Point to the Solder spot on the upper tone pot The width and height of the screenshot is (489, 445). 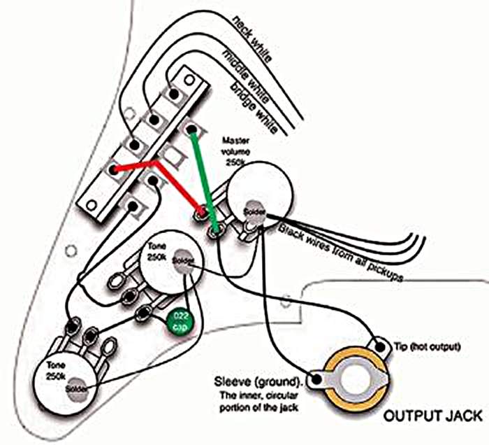tap(184, 260)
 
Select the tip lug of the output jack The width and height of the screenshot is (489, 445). tap(381, 344)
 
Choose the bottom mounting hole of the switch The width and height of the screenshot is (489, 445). tap(91, 205)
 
